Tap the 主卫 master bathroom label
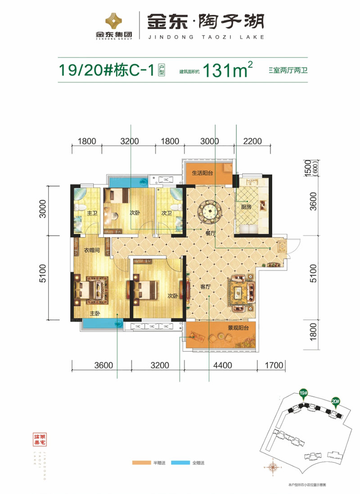[92, 213]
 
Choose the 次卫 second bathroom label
[166, 213]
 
